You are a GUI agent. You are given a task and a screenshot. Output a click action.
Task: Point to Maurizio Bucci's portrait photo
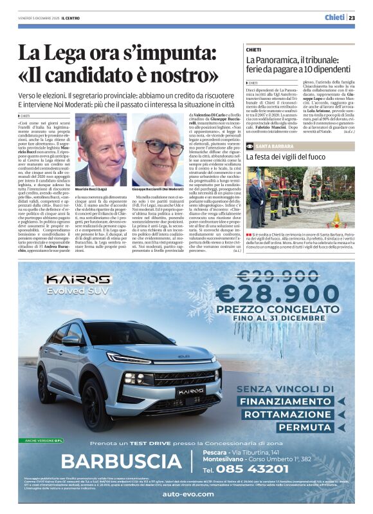pos(104,149)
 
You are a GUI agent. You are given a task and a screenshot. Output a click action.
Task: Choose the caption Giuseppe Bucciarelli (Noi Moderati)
pos(158,190)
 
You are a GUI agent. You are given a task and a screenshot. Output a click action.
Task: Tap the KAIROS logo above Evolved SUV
pos(77,280)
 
